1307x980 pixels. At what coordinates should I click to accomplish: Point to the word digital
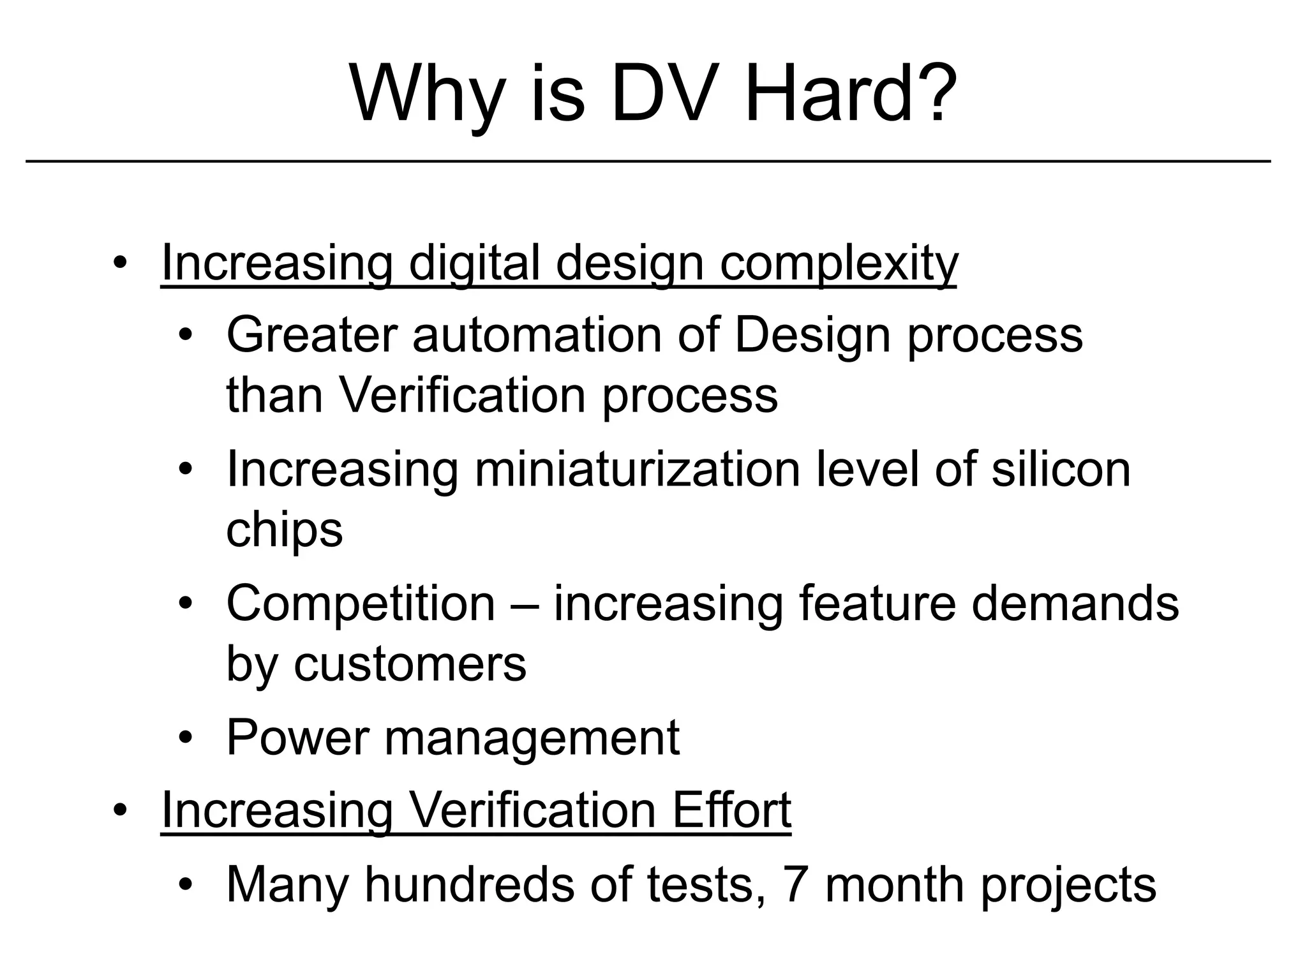(x=474, y=264)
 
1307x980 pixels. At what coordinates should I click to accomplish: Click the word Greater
(x=311, y=335)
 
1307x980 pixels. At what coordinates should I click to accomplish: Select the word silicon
(x=1061, y=470)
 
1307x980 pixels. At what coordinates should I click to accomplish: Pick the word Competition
(x=361, y=604)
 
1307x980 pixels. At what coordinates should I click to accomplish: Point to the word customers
(x=410, y=665)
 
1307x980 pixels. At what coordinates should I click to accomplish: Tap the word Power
(x=297, y=738)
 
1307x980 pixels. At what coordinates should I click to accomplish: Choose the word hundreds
(x=469, y=885)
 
